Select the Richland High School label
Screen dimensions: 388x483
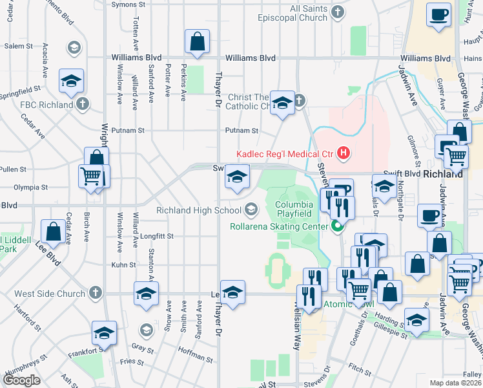(x=199, y=210)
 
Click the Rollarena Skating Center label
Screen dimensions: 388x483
(x=280, y=226)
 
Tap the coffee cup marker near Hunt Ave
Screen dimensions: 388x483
(x=439, y=15)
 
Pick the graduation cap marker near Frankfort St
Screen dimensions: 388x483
(x=104, y=333)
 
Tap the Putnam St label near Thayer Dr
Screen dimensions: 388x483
(x=241, y=131)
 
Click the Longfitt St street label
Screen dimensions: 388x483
(x=156, y=236)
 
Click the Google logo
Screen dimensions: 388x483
(x=22, y=380)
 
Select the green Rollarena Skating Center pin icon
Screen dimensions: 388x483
(x=336, y=226)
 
